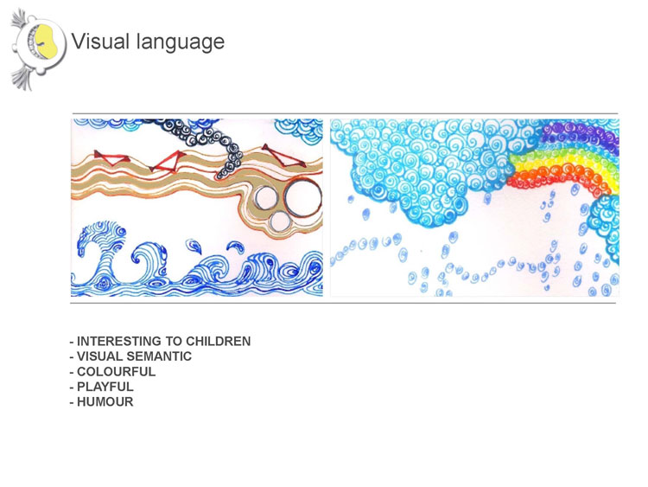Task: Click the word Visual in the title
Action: pyautogui.click(x=100, y=42)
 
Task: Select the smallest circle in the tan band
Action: pyautogui.click(x=279, y=222)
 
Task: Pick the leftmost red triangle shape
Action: pyautogui.click(x=111, y=157)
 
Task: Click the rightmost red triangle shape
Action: pyautogui.click(x=283, y=155)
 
